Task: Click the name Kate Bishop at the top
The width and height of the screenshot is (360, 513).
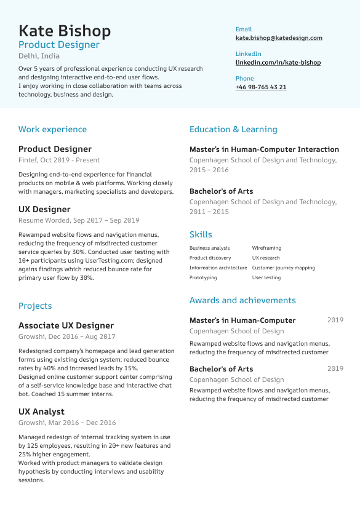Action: click(x=65, y=31)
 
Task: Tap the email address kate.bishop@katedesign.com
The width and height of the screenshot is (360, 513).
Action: click(x=279, y=38)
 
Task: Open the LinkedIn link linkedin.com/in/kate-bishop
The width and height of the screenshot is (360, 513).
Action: click(x=278, y=63)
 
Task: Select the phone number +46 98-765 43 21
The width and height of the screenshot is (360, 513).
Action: click(x=261, y=87)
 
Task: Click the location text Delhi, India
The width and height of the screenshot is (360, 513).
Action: click(x=39, y=56)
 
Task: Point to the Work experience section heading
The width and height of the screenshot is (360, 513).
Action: click(x=52, y=129)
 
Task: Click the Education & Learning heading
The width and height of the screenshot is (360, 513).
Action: click(x=233, y=129)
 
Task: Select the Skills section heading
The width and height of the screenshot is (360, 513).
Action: click(x=201, y=234)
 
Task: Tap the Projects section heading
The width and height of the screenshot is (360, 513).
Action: click(x=35, y=306)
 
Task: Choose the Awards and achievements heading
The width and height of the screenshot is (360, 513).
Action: click(x=242, y=300)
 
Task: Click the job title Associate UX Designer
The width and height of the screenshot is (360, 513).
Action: click(x=66, y=325)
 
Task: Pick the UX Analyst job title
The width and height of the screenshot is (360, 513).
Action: click(x=41, y=412)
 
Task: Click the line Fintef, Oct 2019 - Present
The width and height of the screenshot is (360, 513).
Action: click(x=59, y=160)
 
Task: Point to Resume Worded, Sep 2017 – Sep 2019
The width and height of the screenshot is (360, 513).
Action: click(x=79, y=220)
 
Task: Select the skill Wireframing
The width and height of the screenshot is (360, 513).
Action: click(x=266, y=248)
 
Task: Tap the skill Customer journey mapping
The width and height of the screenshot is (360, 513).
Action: click(x=283, y=268)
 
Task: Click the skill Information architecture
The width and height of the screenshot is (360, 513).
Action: click(x=218, y=268)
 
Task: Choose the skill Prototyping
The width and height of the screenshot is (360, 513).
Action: click(x=203, y=277)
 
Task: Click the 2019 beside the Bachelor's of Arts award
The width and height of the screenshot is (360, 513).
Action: click(x=335, y=368)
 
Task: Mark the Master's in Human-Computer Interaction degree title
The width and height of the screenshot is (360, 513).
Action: click(x=264, y=149)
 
